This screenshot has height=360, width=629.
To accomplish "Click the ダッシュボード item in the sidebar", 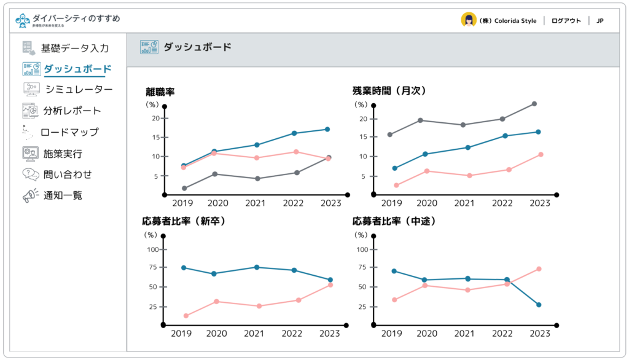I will point(77,69).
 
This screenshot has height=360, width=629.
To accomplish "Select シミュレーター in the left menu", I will point(79,90).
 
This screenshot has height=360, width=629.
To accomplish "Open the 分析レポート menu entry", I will point(72,111).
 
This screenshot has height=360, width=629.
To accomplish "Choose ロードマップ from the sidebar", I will point(69,132).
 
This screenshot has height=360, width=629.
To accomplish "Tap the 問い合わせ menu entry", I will point(68,174).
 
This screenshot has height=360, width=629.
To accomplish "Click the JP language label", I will point(600,21).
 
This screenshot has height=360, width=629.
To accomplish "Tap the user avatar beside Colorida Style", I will point(469,20).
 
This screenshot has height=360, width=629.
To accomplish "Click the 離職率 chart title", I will point(160,92).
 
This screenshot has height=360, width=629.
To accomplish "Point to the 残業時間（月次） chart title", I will point(389,91).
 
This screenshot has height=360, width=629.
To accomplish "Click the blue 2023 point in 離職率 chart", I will point(327,129).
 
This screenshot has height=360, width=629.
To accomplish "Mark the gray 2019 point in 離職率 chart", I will point(184,188).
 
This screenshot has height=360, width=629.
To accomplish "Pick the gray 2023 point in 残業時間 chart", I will point(534,104).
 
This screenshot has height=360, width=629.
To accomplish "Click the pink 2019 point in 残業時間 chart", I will point(396,185).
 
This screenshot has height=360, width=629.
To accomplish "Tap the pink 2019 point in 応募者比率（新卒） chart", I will point(186,316).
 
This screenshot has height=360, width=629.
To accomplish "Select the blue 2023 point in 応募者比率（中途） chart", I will point(539,305).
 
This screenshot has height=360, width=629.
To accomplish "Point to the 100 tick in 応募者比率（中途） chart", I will point(362,249).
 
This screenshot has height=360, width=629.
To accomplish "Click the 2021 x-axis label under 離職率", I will point(256,203).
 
